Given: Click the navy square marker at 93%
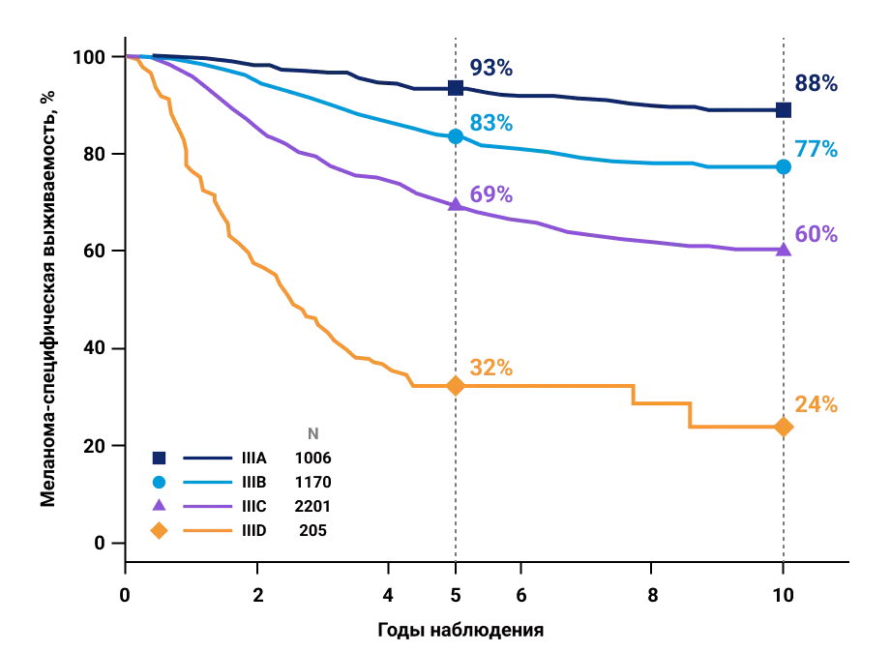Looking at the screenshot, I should (x=456, y=88).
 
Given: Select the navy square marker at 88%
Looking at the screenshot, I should (x=784, y=109).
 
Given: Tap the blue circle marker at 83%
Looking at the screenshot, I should (x=456, y=136).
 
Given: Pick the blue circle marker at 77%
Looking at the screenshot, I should (x=784, y=166).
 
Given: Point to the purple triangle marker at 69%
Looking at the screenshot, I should (x=456, y=203).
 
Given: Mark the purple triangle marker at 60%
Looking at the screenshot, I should (x=784, y=250).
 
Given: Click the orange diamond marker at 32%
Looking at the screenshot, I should (x=456, y=386).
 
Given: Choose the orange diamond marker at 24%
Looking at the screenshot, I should (x=784, y=427).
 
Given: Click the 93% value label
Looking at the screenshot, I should (x=491, y=68).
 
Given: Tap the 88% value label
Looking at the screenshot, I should (x=816, y=84).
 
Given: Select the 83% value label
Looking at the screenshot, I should (x=491, y=124).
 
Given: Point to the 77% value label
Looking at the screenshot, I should (x=816, y=149).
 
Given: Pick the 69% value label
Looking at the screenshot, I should (x=491, y=194).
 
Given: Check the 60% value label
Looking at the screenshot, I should (x=816, y=234).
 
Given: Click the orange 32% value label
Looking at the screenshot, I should (x=491, y=369).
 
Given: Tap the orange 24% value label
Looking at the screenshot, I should (x=816, y=404).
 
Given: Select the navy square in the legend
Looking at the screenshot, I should (x=160, y=458).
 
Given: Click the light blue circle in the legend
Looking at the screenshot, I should (x=160, y=482).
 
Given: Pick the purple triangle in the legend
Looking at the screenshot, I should (x=160, y=505).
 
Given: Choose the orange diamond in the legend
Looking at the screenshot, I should (x=160, y=530).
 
